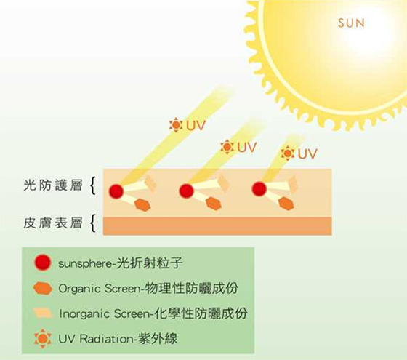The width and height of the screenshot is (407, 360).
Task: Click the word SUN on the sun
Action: coord(351,23)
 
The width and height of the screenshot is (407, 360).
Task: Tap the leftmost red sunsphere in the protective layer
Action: coord(116,191)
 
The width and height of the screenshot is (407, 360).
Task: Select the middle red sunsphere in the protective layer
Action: coord(186,191)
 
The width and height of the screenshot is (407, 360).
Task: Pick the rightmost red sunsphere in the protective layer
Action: coord(259,189)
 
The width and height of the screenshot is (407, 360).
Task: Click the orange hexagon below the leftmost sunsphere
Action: coord(142,205)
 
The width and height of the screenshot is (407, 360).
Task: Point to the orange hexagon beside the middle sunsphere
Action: coord(214,203)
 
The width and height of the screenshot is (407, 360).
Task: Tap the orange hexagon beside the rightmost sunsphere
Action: coord(286,203)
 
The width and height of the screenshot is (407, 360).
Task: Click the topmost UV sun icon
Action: coord(176,125)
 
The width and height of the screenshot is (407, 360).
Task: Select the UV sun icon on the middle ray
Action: coord(227,147)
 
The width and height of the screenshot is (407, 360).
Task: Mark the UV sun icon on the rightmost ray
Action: coord(287,153)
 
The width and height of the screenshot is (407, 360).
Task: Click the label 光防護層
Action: coord(53,185)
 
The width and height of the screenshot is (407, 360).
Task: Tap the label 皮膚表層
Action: coord(53,223)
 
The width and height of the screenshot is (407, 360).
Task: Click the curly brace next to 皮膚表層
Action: coord(93,223)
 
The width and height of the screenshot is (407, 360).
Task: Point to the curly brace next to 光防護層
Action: coord(93,185)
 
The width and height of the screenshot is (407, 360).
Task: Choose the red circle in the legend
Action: coord(43,263)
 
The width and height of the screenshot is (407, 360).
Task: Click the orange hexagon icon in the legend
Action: coord(43,289)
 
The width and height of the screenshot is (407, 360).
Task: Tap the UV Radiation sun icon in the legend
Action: coord(43,339)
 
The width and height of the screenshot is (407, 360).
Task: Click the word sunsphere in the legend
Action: coord(85,264)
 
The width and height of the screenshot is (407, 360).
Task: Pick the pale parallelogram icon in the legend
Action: coord(43,313)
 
